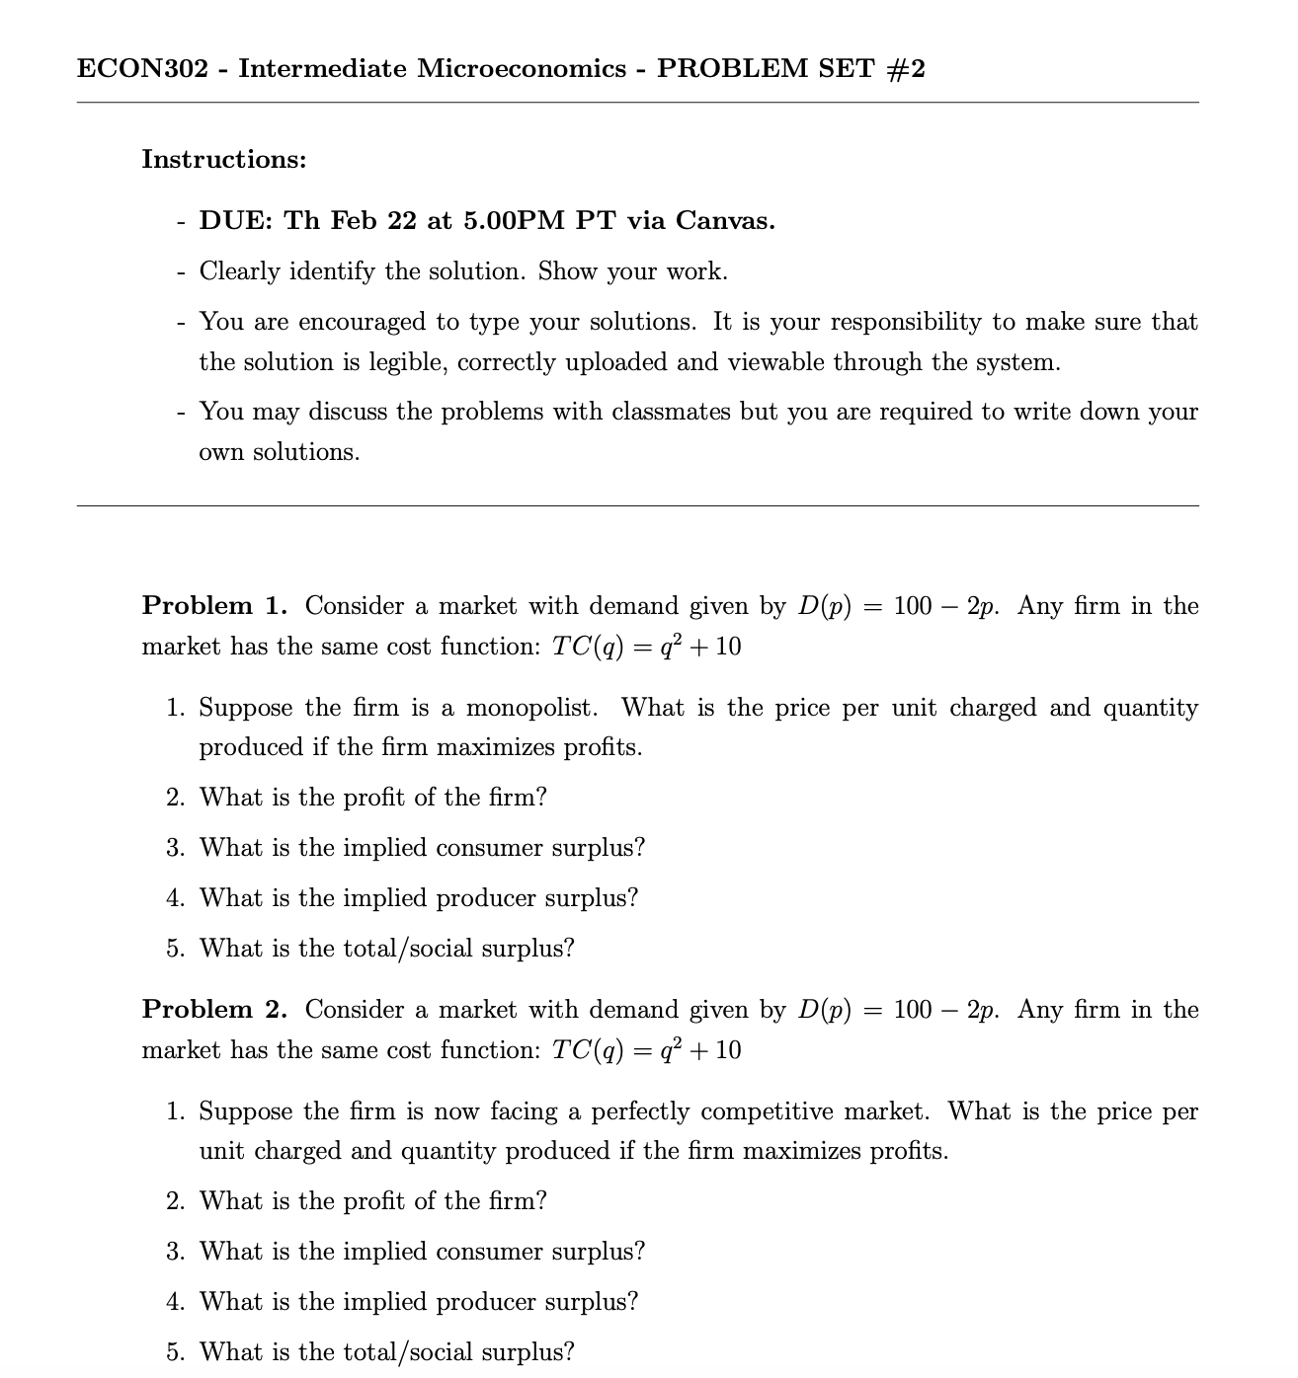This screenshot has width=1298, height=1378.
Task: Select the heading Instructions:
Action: [224, 159]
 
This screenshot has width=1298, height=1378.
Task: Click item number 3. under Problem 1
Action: [176, 848]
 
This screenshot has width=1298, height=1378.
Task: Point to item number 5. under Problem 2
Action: [176, 1351]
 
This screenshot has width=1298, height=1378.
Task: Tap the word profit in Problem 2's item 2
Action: [373, 1200]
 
